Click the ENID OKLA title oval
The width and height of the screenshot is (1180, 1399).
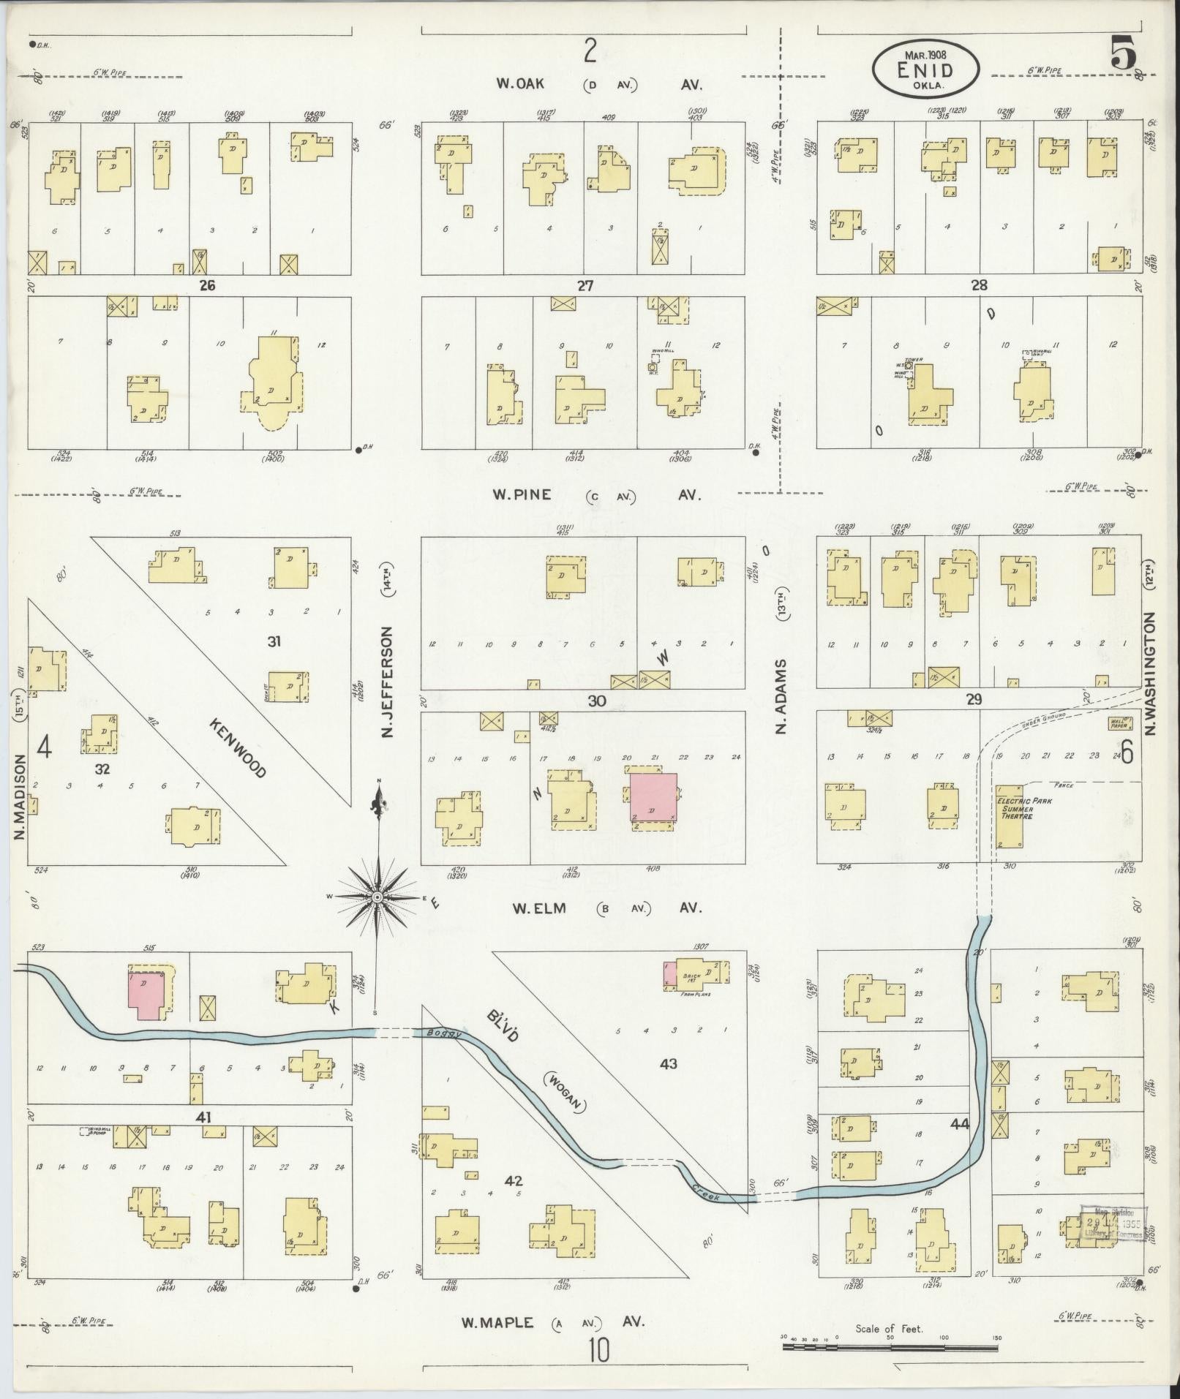click(925, 68)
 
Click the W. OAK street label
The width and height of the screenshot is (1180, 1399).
click(520, 84)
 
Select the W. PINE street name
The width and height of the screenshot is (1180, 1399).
click(521, 495)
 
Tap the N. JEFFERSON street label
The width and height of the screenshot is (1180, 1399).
click(388, 682)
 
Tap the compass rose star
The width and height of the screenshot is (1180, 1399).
click(377, 897)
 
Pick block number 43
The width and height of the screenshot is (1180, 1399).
click(668, 1085)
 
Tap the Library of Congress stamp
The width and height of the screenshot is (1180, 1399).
click(1113, 1223)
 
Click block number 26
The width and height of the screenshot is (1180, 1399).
click(207, 285)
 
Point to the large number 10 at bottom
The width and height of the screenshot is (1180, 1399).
click(598, 1351)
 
